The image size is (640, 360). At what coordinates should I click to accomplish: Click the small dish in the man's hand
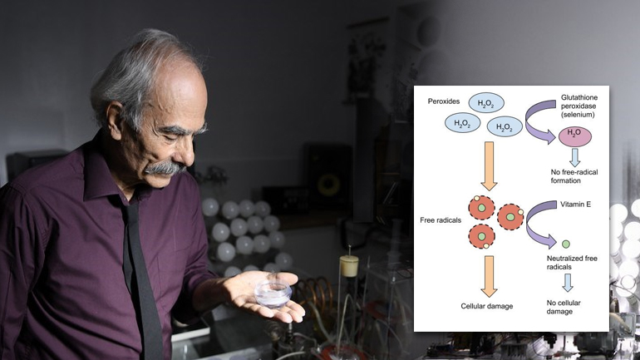pyautogui.click(x=273, y=292)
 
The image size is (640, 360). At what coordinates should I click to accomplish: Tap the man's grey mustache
pyautogui.click(x=167, y=169)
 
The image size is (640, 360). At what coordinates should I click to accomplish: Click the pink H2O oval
pyautogui.click(x=574, y=133)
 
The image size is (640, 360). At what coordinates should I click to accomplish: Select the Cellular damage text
pyautogui.click(x=486, y=307)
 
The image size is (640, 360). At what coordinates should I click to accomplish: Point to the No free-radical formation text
pyautogui.click(x=574, y=176)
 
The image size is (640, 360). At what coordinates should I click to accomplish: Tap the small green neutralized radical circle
pyautogui.click(x=565, y=244)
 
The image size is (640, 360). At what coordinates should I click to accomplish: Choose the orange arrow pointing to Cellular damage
pyautogui.click(x=489, y=275)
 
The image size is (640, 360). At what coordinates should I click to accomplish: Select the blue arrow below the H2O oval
pyautogui.click(x=574, y=155)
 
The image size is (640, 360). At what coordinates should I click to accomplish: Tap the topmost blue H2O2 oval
pyautogui.click(x=486, y=102)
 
